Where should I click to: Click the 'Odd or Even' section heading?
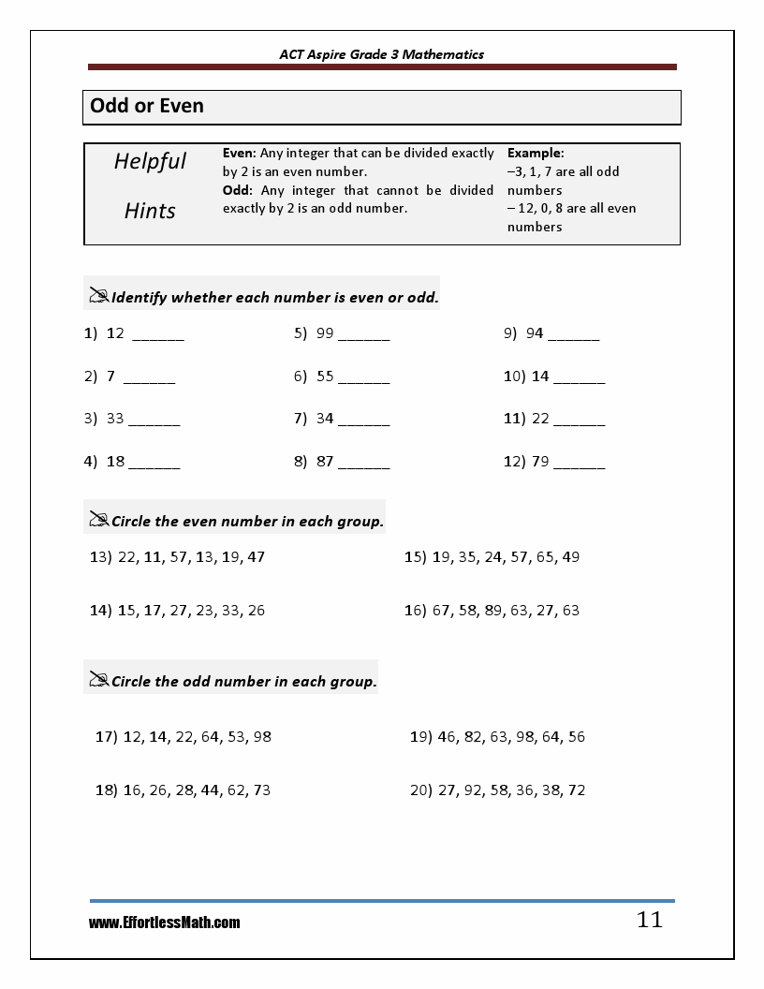tap(147, 107)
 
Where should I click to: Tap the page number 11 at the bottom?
tap(650, 920)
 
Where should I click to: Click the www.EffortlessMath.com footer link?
tap(165, 923)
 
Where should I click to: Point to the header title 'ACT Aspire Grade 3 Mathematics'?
tap(382, 54)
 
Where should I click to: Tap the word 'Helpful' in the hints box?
tap(150, 161)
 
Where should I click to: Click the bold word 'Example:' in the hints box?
tap(536, 153)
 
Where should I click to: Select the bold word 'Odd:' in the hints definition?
tap(238, 190)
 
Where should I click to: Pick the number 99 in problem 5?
tap(325, 332)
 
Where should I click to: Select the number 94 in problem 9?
tap(535, 332)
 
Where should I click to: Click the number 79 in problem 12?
tap(539, 462)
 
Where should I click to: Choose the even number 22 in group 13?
tap(127, 557)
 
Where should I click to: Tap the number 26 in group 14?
tap(256, 611)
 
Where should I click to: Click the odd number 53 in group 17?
tap(236, 737)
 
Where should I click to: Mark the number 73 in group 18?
tap(261, 790)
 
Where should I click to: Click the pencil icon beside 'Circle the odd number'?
tap(98, 679)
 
